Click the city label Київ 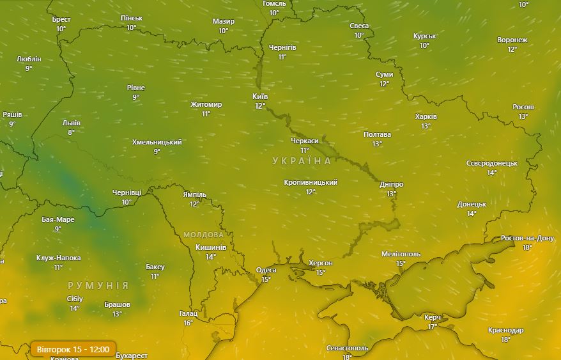coord(260,97)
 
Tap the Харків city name coord(426,117)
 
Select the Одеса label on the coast coord(266,270)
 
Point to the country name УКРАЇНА coord(302,161)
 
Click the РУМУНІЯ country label coord(98,286)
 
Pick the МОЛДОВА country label coord(204,235)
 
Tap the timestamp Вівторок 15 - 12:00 coord(72,349)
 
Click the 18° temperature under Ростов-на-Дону coord(527,247)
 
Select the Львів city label coord(72,123)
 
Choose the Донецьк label coord(472,205)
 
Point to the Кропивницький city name coord(311,183)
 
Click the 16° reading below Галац coord(188,323)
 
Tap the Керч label coord(433,317)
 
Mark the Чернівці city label coord(127,192)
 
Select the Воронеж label coord(512,40)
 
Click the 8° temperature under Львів coord(71,132)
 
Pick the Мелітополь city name coord(401,254)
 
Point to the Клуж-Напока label coord(59,258)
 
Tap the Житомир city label coord(206,105)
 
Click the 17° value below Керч coord(433,327)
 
